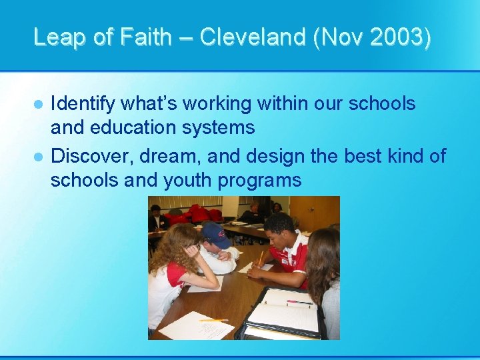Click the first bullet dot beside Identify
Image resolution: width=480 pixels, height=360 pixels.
point(39,105)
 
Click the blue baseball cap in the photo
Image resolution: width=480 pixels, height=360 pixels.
point(214,235)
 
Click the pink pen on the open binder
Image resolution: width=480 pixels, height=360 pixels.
point(299,303)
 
